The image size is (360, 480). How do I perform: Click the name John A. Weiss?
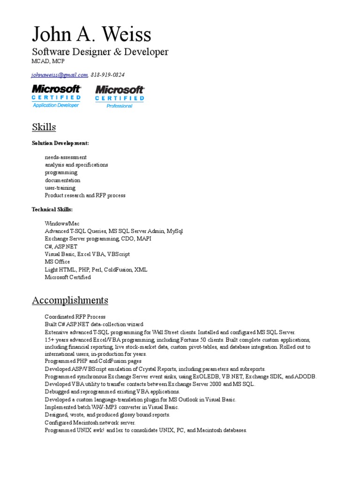tap(91, 34)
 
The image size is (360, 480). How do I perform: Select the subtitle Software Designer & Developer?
tap(100, 52)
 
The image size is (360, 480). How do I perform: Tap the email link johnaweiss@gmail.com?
tap(60, 75)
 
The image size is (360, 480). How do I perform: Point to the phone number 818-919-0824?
tap(108, 75)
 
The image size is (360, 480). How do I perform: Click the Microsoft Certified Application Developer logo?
tap(56, 96)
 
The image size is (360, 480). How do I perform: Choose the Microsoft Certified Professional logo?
tap(120, 97)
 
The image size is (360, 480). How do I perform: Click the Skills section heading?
tap(44, 127)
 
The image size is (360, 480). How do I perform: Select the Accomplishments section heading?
tap(70, 300)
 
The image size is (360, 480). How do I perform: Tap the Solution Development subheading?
tap(60, 143)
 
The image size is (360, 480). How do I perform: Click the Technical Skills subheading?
tap(52, 209)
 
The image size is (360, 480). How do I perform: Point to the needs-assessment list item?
tap(66, 157)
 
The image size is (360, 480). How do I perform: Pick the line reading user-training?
tap(60, 187)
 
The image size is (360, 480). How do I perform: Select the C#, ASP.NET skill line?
tap(61, 246)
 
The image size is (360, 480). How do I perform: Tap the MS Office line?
tap(57, 262)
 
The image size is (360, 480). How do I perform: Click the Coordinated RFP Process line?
tap(75, 316)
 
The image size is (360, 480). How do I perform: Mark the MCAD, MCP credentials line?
tap(48, 61)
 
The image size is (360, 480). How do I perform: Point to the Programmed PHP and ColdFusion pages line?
tap(93, 361)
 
